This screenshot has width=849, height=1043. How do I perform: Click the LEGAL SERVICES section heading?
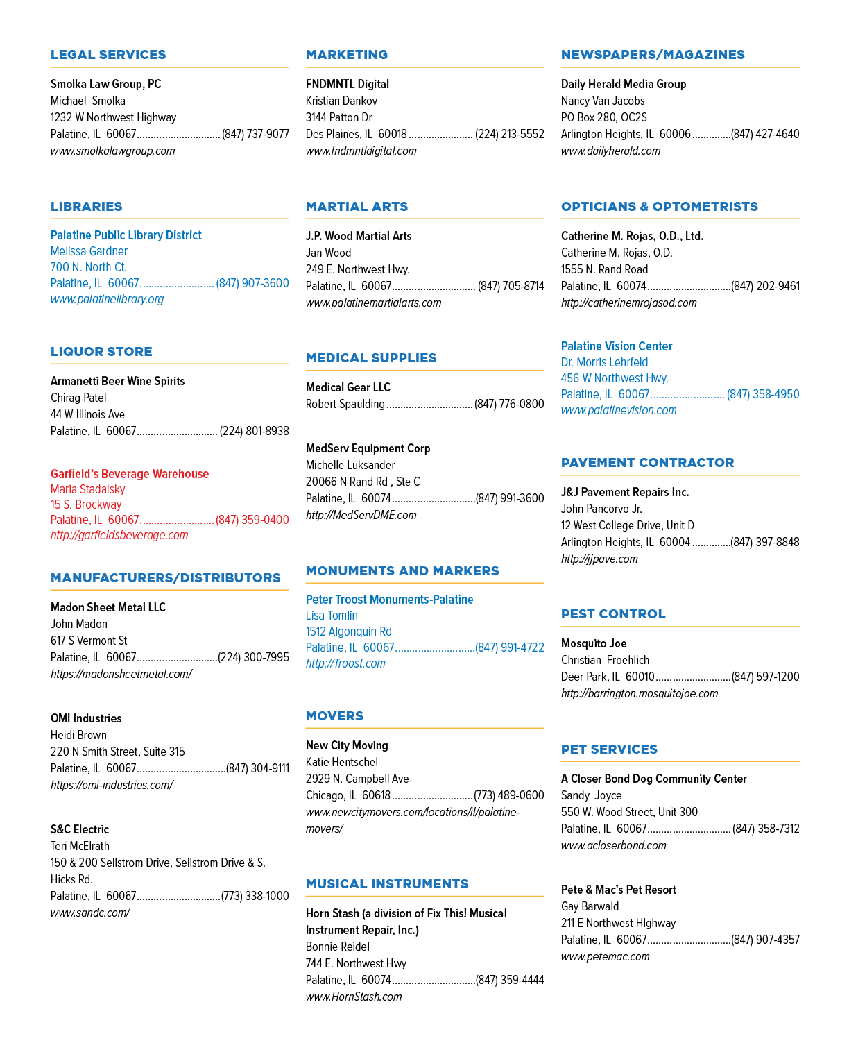tap(108, 54)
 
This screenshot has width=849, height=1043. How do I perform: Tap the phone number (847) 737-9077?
tap(255, 134)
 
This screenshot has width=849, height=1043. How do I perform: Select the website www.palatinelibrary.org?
tap(107, 299)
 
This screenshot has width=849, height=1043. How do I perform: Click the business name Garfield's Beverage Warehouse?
tap(130, 473)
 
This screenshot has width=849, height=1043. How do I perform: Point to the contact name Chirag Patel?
tap(78, 398)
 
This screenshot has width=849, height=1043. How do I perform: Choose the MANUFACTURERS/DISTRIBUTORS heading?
tap(165, 578)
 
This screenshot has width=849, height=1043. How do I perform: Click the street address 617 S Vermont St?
tap(89, 641)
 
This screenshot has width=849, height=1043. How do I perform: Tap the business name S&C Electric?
tap(80, 829)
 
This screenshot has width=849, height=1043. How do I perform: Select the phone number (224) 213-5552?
tap(509, 134)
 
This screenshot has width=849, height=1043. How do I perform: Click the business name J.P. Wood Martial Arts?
tap(359, 236)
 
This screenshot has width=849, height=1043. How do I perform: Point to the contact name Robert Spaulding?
tap(345, 404)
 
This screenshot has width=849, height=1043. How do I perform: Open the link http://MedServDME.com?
tap(361, 515)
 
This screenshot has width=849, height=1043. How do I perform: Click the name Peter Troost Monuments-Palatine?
tap(390, 600)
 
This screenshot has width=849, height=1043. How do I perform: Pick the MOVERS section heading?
tap(335, 716)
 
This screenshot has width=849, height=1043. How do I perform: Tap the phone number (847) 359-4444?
tap(510, 980)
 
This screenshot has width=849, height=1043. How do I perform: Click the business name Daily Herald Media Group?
tap(624, 84)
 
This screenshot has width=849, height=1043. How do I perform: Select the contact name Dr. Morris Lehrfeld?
tap(604, 362)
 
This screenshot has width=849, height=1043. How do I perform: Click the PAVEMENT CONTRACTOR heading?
tap(647, 463)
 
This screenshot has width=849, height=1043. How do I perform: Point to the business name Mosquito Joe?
tap(594, 643)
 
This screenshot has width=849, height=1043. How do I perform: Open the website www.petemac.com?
tap(606, 956)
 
